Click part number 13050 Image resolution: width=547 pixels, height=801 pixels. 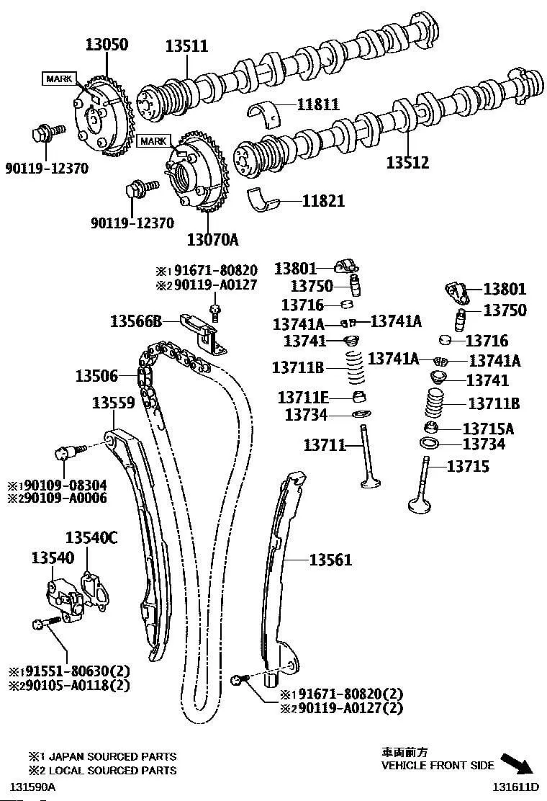coord(104,45)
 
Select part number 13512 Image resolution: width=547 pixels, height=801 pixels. coord(407,163)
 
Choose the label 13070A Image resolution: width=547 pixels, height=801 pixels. coord(212,237)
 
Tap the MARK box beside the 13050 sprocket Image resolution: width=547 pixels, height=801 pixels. coord(60,79)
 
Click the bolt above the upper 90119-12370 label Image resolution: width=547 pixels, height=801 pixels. coord(43,134)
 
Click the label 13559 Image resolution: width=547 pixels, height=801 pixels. coord(113,404)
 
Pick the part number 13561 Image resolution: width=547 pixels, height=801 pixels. coord(330,559)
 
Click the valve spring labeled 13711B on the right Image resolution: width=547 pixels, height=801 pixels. coord(433,405)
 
